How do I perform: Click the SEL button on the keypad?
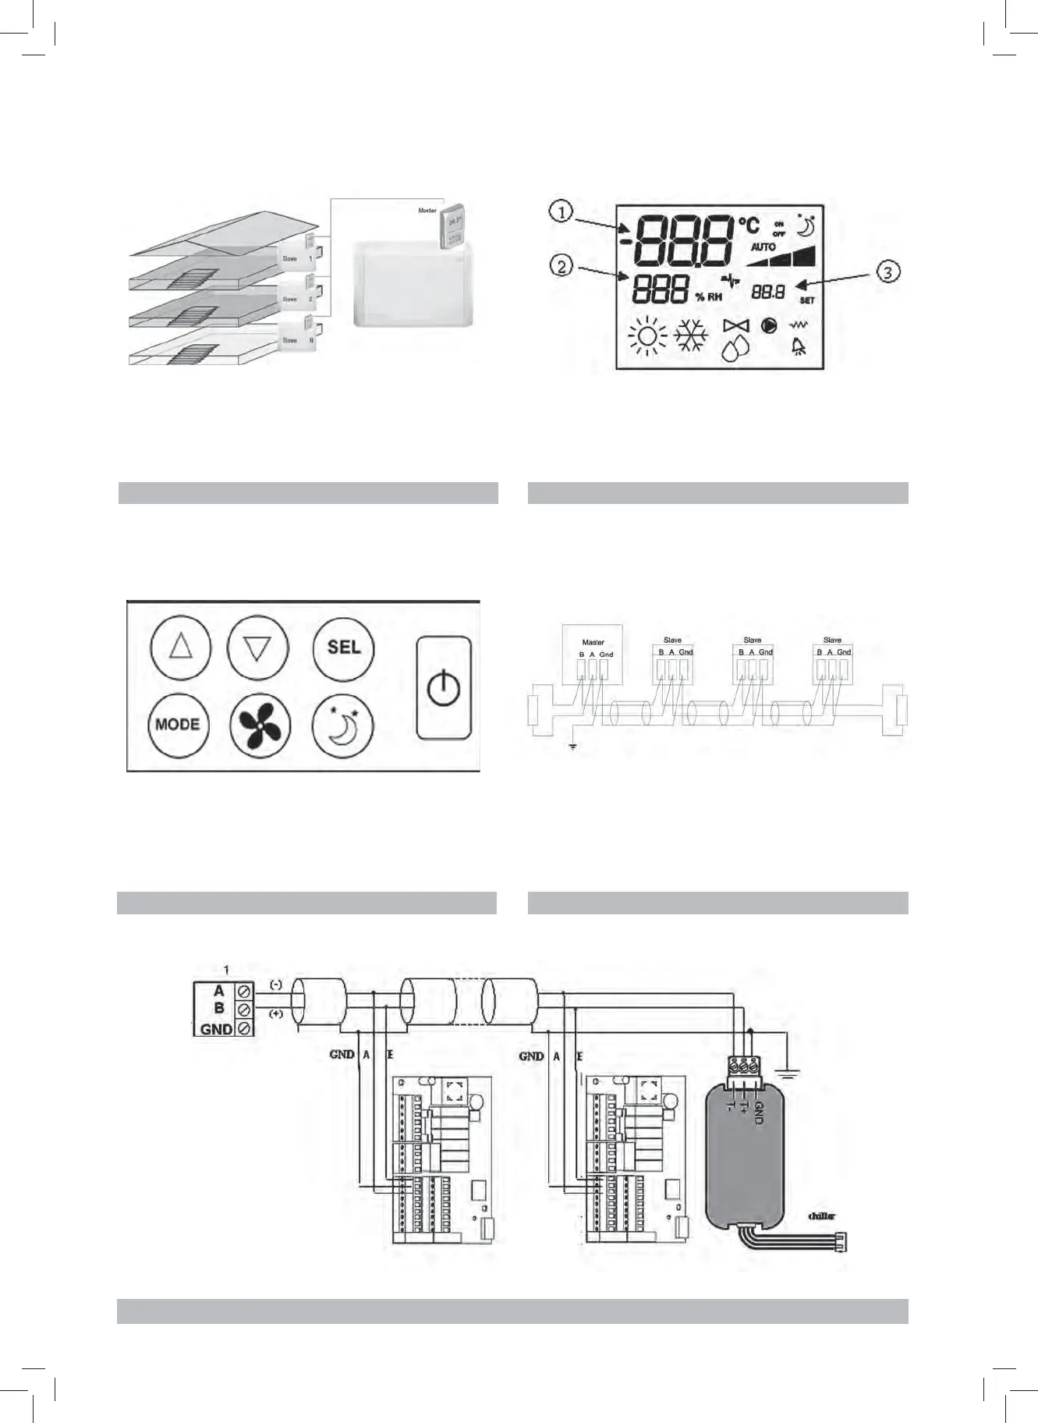click(x=344, y=648)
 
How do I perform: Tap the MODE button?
click(x=178, y=725)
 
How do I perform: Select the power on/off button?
click(x=444, y=688)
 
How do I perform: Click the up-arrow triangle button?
click(x=180, y=648)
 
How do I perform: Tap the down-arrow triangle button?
click(x=257, y=648)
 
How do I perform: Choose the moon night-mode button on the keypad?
click(x=343, y=725)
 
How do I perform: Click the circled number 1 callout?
click(x=561, y=211)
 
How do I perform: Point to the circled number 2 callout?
click(x=561, y=266)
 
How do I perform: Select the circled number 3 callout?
click(x=888, y=271)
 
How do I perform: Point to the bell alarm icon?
click(x=799, y=347)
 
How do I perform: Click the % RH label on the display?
click(x=709, y=297)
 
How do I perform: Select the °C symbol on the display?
click(x=749, y=225)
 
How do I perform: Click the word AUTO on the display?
click(x=763, y=247)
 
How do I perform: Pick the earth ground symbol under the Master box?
click(x=572, y=747)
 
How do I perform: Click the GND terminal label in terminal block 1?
click(x=216, y=1029)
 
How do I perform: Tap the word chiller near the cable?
click(x=821, y=1216)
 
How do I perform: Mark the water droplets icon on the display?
click(x=735, y=350)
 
